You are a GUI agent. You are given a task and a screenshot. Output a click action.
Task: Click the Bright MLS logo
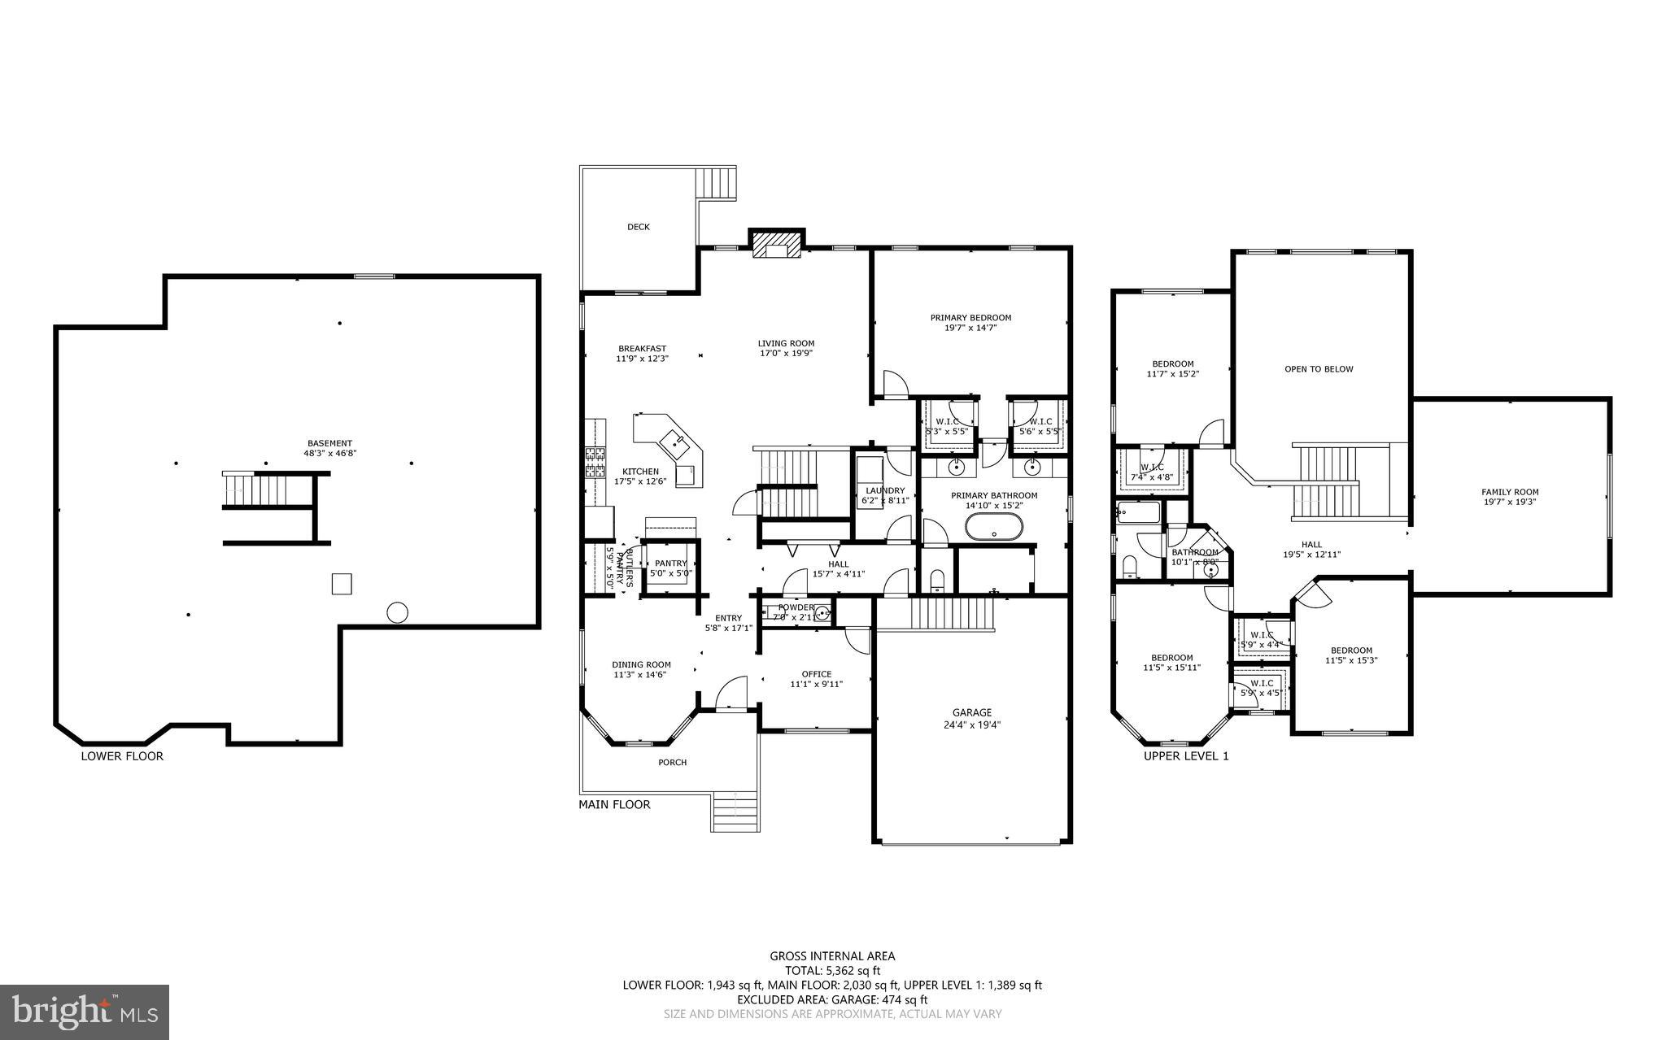pos(85,1012)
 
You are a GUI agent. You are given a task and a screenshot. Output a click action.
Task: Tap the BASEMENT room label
pos(329,443)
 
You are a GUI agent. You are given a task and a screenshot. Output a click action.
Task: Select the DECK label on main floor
pos(639,227)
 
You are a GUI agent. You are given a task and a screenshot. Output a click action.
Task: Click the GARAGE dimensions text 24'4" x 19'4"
pos(972,725)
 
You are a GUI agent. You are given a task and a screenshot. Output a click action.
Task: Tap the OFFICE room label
pos(816,673)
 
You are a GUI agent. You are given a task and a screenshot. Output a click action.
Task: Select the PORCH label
pos(672,762)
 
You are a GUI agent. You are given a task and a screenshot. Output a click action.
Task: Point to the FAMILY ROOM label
pos(1510,491)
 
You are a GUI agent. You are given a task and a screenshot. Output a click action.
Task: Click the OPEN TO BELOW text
pos(1319,369)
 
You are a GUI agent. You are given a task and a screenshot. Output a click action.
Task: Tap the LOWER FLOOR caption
pos(122,756)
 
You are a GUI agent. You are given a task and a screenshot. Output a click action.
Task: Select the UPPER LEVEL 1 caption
pos(1186,756)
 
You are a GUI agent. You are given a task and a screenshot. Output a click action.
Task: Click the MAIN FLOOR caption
pos(614,805)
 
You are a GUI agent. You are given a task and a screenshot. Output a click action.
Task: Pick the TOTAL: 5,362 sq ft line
pos(832,970)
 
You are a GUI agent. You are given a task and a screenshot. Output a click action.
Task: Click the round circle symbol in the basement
pos(397,612)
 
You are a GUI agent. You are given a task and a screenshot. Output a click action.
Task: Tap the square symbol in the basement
pos(342,584)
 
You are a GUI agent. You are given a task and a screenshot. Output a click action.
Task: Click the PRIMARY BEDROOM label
pos(970,317)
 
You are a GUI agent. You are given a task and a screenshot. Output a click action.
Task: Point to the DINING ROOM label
pos(641,664)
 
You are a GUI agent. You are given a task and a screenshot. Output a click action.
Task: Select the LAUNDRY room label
pos(885,490)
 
